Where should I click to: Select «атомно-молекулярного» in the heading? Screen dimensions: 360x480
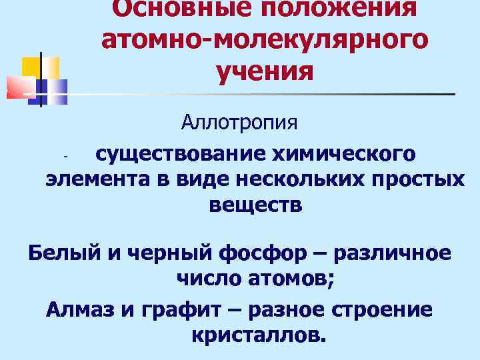pyautogui.click(x=265, y=39)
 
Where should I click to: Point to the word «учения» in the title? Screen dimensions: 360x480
pyautogui.click(x=265, y=70)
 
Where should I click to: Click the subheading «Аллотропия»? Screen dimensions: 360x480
pyautogui.click(x=240, y=123)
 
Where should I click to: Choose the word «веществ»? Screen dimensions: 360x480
pyautogui.click(x=256, y=205)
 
